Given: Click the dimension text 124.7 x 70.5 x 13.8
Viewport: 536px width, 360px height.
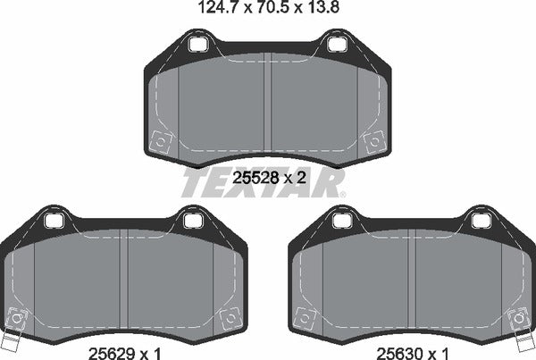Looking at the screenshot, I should click(x=269, y=11).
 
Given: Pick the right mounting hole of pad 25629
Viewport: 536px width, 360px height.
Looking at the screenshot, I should click(x=191, y=219).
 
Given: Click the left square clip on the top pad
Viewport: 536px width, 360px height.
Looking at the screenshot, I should click(x=162, y=140).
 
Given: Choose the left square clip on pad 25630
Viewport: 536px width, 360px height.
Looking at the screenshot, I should click(x=306, y=315).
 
